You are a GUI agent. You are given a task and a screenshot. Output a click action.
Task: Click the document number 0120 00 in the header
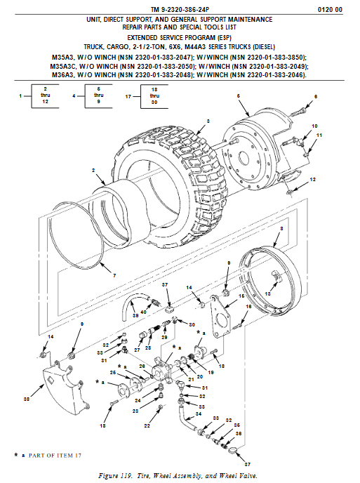coord(330,10)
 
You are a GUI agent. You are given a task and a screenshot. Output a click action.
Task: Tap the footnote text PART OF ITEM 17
coord(55,456)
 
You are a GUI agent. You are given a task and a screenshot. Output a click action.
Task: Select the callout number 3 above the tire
coord(208,121)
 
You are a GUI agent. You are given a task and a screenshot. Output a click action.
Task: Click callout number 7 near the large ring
coord(114,275)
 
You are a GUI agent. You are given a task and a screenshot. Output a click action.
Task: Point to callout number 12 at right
coord(312,179)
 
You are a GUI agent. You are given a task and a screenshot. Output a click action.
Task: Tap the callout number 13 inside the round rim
coord(267,293)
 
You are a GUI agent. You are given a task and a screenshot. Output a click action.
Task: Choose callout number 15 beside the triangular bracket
coord(241,296)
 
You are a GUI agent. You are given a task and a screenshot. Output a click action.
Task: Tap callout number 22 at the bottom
coord(147,425)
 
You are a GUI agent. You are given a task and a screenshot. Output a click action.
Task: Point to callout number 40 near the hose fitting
coord(143,312)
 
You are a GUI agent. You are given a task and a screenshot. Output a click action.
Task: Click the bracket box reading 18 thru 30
coord(154,96)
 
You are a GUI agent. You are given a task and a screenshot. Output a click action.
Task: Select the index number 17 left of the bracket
coord(128,96)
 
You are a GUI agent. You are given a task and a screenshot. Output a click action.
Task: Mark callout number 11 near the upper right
coord(319,135)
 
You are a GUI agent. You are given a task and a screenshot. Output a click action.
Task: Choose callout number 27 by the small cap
coord(137,350)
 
